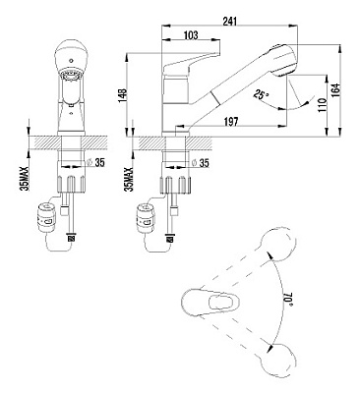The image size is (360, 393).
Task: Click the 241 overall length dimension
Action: (229, 22)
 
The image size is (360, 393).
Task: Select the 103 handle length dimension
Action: (191, 35)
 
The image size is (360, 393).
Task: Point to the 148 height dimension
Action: (122, 95)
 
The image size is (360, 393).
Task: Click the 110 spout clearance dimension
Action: (322, 105)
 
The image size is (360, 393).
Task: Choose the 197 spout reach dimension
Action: (231, 122)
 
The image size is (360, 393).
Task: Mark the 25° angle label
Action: (261, 95)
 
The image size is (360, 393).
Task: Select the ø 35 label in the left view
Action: (96, 162)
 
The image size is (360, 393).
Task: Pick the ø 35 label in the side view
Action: (200, 162)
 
